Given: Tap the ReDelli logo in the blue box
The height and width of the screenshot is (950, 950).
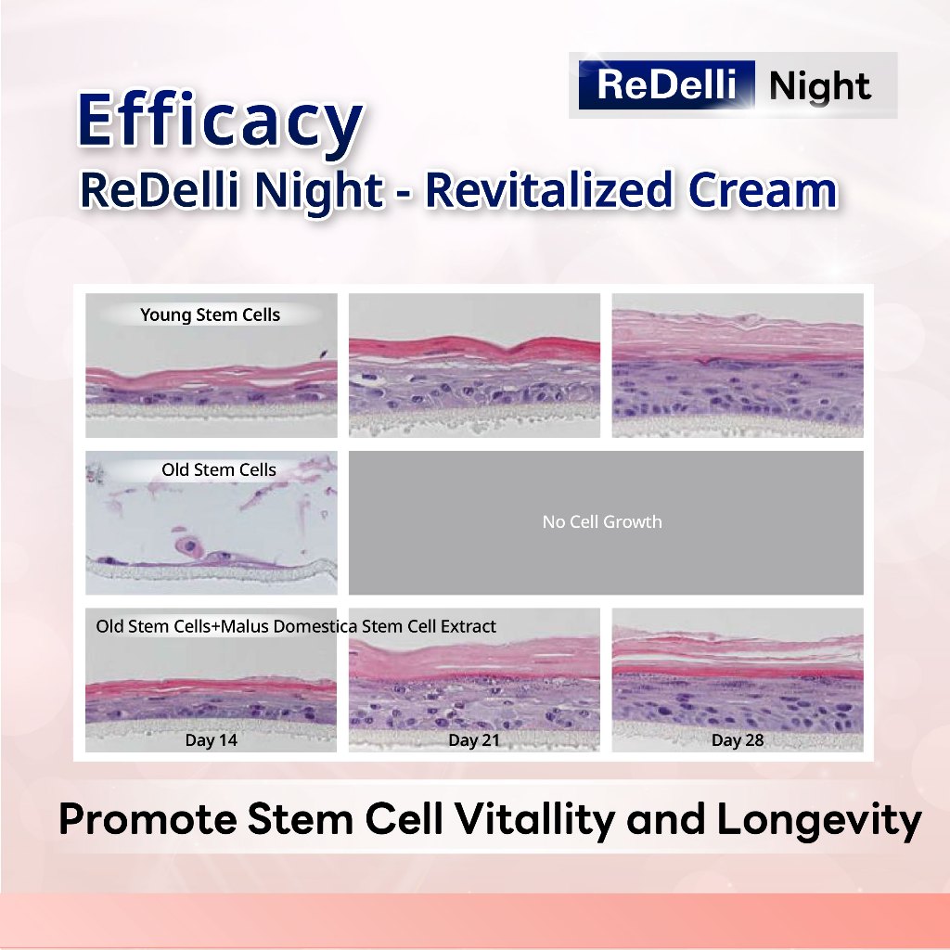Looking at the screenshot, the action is click(666, 84).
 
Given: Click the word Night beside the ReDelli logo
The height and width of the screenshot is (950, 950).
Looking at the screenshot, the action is click(820, 86).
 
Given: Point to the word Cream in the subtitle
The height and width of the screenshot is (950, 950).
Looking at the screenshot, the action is click(763, 191).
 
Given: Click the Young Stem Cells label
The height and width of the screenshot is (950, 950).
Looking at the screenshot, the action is click(211, 315).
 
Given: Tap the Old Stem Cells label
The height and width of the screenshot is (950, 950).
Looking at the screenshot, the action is click(219, 469).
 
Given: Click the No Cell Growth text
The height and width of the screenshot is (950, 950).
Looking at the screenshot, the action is click(602, 521).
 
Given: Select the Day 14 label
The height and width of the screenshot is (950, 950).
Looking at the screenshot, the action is click(211, 739).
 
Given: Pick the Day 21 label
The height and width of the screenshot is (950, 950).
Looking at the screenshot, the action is click(474, 739).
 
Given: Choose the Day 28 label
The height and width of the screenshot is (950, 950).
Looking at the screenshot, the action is click(738, 739).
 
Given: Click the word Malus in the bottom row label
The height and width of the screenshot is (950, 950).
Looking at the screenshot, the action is click(245, 626).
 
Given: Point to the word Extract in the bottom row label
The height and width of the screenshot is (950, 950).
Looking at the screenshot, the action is click(469, 626).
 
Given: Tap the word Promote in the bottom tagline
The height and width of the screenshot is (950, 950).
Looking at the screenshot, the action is click(148, 820).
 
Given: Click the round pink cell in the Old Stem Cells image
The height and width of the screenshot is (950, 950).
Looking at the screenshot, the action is click(189, 546).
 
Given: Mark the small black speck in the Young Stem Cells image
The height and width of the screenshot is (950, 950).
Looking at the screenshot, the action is click(324, 354).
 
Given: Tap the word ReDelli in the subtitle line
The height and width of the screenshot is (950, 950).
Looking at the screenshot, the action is click(160, 189).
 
